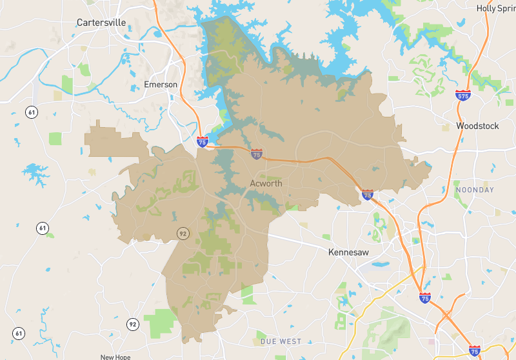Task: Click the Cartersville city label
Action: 101,23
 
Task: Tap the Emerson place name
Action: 161,85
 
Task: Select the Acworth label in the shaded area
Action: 266,184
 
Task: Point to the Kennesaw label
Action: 348,252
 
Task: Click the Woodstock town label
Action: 477,126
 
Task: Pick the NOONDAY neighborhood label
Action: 475,190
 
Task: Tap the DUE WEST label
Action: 281,341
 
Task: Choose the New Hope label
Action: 115,357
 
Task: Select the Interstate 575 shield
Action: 462,96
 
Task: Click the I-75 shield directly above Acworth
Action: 257,154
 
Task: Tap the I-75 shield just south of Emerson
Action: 203,141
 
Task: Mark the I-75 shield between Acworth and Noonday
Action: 367,194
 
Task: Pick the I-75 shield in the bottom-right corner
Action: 474,350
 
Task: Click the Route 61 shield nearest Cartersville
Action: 32,112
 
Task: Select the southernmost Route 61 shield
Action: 19,334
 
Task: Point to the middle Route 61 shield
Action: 43,228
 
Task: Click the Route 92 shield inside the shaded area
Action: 183,234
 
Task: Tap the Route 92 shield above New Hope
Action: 132,324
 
